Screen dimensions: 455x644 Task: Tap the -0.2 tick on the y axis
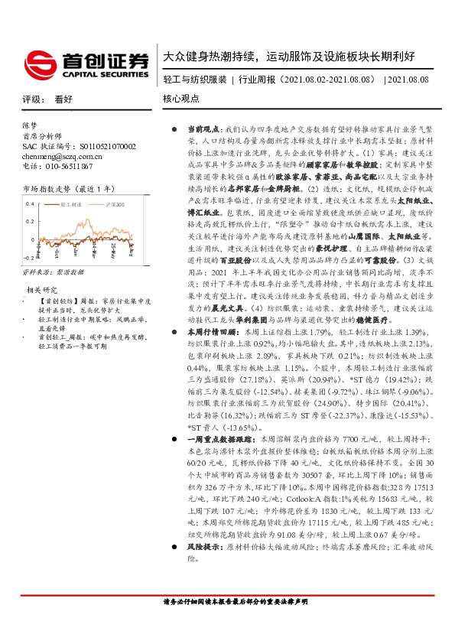pyautogui.click(x=29, y=260)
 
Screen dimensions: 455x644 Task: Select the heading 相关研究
pyautogui.click(x=43, y=290)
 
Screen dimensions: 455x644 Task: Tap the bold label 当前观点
pyautogui.click(x=202, y=130)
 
